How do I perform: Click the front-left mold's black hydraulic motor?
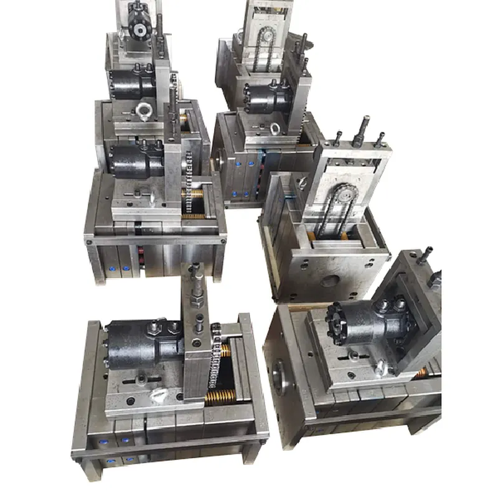pos(140,344)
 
